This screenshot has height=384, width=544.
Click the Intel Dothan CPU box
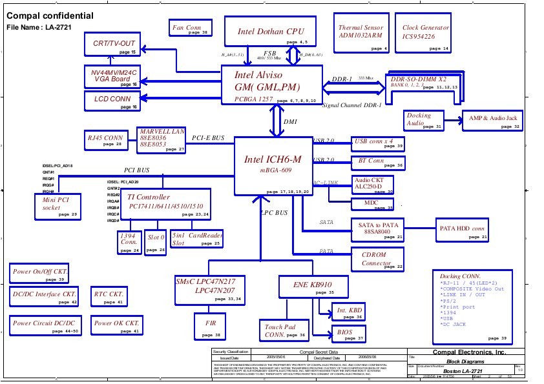[x=271, y=32]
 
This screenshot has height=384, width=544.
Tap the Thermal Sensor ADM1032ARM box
[x=361, y=35]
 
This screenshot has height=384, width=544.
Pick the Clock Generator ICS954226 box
[x=424, y=35]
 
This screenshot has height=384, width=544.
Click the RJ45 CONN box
[x=105, y=140]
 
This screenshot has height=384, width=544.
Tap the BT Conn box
[x=379, y=162]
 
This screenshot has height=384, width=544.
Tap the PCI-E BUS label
[x=208, y=138]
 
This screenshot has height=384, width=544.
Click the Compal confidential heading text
[x=50, y=16]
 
